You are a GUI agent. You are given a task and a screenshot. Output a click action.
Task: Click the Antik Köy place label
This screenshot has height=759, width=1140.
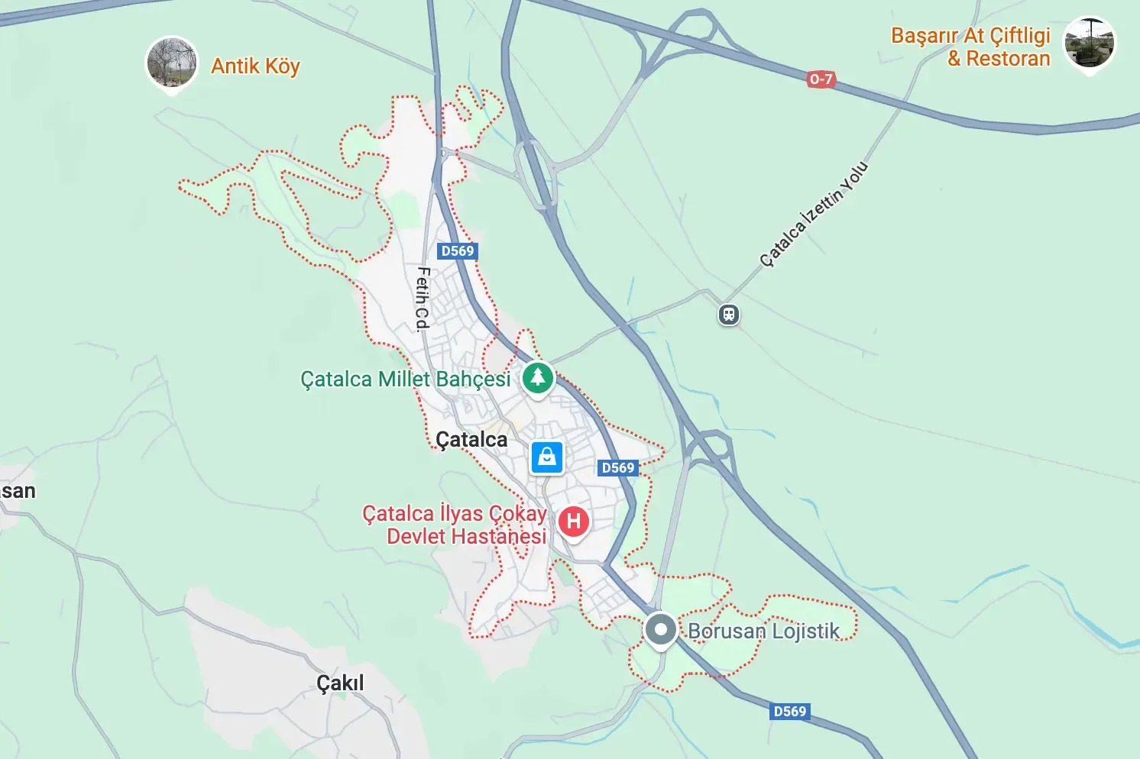tap(255, 66)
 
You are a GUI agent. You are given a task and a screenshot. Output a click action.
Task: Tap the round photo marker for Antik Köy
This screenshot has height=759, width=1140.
tap(172, 62)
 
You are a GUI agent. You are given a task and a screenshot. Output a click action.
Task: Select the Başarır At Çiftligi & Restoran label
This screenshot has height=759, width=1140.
tap(970, 47)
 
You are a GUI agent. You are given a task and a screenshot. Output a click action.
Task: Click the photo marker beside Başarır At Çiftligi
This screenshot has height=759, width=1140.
tap(1090, 43)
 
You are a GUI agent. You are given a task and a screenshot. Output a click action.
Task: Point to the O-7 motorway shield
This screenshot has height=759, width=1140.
tap(821, 79)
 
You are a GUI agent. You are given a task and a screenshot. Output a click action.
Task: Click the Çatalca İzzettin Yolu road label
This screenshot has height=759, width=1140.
tap(814, 214)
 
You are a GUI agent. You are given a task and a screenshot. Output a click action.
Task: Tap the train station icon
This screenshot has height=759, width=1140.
tap(729, 315)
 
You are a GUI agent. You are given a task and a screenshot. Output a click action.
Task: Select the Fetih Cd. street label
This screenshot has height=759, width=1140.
tap(423, 299)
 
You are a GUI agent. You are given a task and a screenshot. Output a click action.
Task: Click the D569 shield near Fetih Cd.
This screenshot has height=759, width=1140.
tap(458, 250)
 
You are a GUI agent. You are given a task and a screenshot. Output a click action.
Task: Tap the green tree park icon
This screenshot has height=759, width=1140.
tap(538, 377)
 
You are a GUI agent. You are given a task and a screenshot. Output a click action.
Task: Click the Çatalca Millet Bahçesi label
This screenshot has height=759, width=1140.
tap(405, 379)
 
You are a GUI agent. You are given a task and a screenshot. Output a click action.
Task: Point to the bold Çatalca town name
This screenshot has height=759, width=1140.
tap(471, 440)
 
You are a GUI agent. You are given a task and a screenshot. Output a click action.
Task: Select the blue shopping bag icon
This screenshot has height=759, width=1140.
tap(547, 457)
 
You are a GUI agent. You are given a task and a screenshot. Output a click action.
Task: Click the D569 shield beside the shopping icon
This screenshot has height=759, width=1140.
tap(617, 468)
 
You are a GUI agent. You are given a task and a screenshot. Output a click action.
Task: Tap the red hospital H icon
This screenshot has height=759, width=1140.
tap(574, 522)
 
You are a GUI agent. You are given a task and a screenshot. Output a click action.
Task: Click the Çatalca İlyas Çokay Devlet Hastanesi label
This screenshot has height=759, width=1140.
tap(455, 525)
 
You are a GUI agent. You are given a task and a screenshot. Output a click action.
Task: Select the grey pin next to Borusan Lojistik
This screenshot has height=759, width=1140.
tap(660, 630)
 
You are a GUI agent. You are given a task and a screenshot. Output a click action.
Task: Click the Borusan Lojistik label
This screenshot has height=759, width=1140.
tap(763, 631)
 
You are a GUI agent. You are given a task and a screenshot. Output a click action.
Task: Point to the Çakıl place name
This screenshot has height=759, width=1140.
tap(340, 683)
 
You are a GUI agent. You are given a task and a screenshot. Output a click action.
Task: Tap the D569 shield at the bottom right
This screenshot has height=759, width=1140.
tap(790, 712)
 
